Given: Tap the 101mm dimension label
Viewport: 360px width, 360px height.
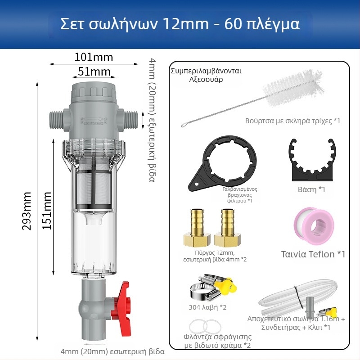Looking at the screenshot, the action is pos(94,57).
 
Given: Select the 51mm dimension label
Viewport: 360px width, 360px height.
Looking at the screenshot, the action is pos(94,72).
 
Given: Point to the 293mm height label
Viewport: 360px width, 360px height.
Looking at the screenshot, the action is pos(27,211).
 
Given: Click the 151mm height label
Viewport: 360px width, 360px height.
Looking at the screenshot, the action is pos(47,211).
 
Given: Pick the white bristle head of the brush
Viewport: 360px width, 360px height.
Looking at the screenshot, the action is pos(293,88).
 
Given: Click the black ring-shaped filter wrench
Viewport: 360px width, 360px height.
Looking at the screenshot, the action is pos(222,162).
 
